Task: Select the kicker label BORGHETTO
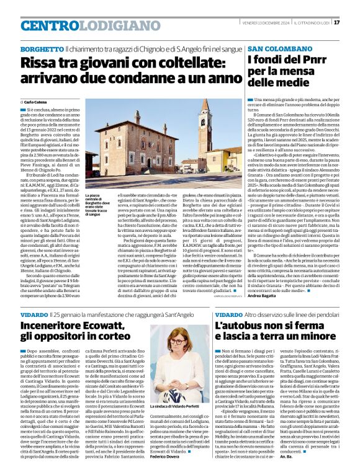(42, 48)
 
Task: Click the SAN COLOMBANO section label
(277, 48)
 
